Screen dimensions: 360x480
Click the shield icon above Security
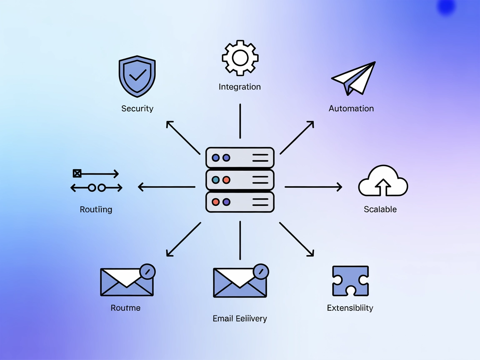point(137,77)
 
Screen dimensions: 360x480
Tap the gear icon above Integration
point(240,58)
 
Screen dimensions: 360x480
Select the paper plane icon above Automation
point(355,78)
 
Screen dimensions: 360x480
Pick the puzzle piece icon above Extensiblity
point(350,281)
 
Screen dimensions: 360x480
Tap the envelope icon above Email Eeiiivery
point(240,282)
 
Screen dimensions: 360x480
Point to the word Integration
point(240,87)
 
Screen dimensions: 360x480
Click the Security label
point(137,108)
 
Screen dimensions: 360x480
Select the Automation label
point(351,108)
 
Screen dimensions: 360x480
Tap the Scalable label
point(380,209)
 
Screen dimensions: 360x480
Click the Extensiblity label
point(350,308)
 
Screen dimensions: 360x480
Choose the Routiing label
point(96,209)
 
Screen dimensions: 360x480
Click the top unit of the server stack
point(240,157)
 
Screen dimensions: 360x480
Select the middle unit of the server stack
point(240,180)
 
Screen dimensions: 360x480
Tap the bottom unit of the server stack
point(240,202)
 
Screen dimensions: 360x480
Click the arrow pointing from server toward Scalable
point(313,187)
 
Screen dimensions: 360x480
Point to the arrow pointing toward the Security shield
point(183,137)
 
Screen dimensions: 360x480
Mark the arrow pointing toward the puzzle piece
point(297,239)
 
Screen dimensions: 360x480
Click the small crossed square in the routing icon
point(77,173)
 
